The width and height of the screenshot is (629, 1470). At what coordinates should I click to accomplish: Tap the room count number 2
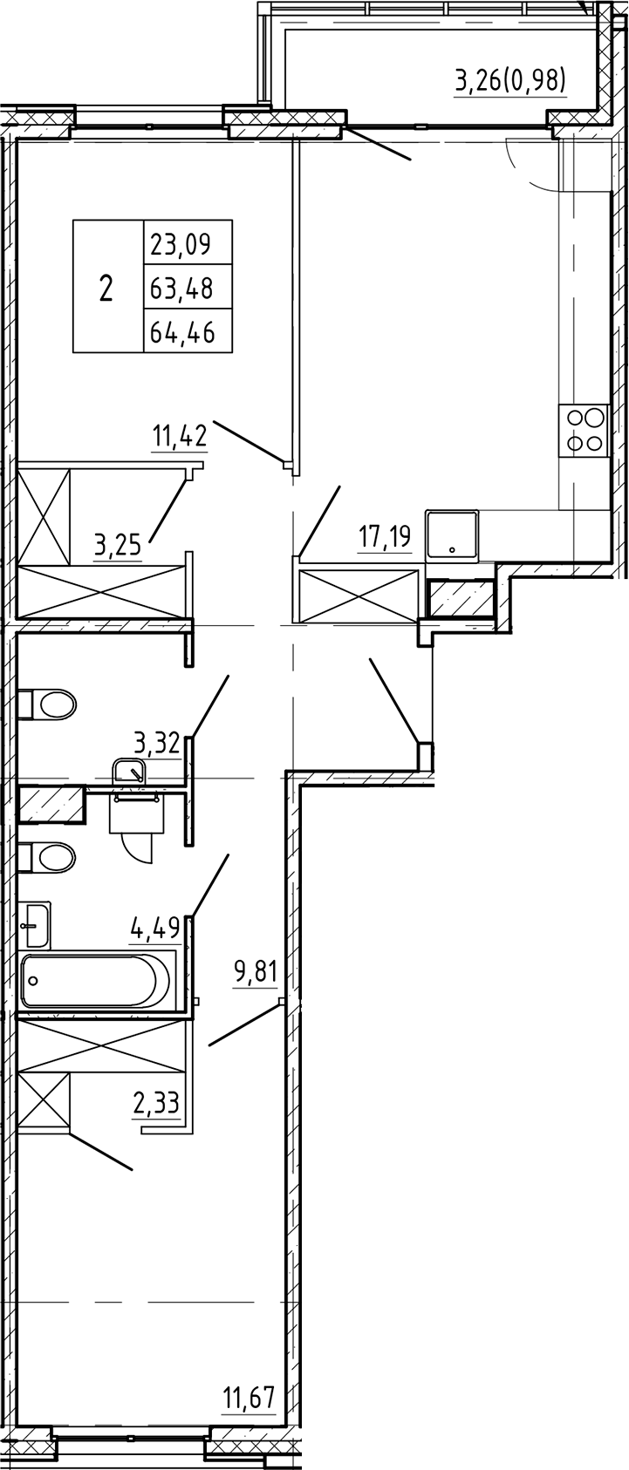coord(106,287)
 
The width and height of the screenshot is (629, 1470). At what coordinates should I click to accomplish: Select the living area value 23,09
coord(181,242)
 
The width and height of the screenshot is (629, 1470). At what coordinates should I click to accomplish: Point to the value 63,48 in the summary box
coord(181,287)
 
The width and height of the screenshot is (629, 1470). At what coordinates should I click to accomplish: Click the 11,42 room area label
coord(180,435)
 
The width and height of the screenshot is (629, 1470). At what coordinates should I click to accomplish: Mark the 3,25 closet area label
coord(120,548)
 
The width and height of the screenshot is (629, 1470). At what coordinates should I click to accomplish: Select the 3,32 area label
coord(156,744)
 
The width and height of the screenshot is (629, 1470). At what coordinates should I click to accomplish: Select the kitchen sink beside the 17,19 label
coord(452,534)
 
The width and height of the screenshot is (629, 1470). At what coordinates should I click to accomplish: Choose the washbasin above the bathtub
coord(36,923)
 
